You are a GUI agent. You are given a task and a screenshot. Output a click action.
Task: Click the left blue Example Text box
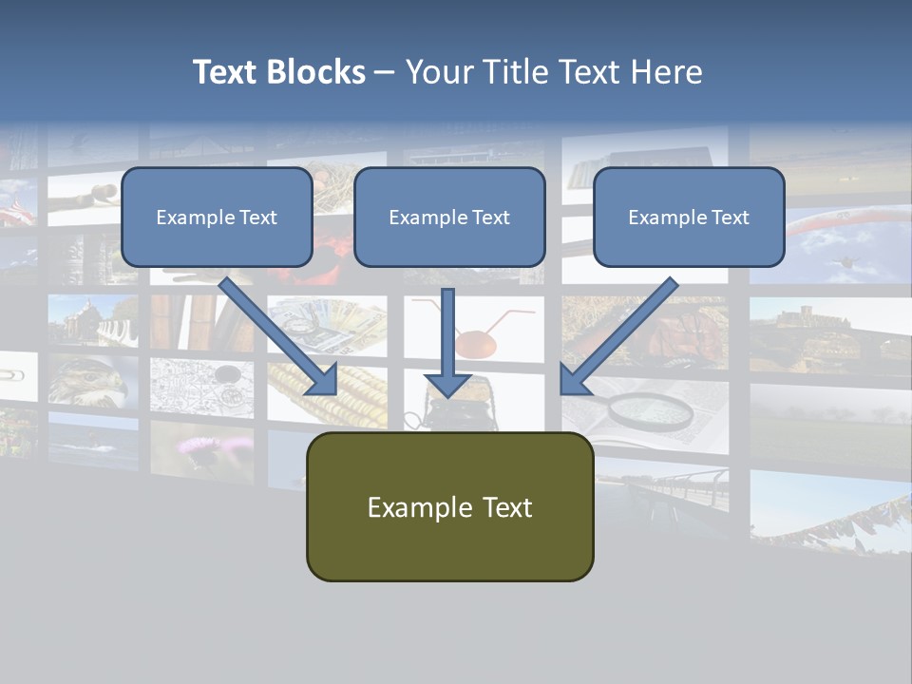[x=217, y=217]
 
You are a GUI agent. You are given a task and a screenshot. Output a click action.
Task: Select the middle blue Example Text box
[x=449, y=217]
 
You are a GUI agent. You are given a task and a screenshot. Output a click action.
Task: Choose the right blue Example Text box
[x=689, y=217]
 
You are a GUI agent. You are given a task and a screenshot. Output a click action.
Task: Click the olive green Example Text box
[x=449, y=506]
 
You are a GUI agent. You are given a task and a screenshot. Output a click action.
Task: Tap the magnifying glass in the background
[x=651, y=409]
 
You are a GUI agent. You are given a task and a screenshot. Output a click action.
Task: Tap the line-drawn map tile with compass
[x=200, y=385]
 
